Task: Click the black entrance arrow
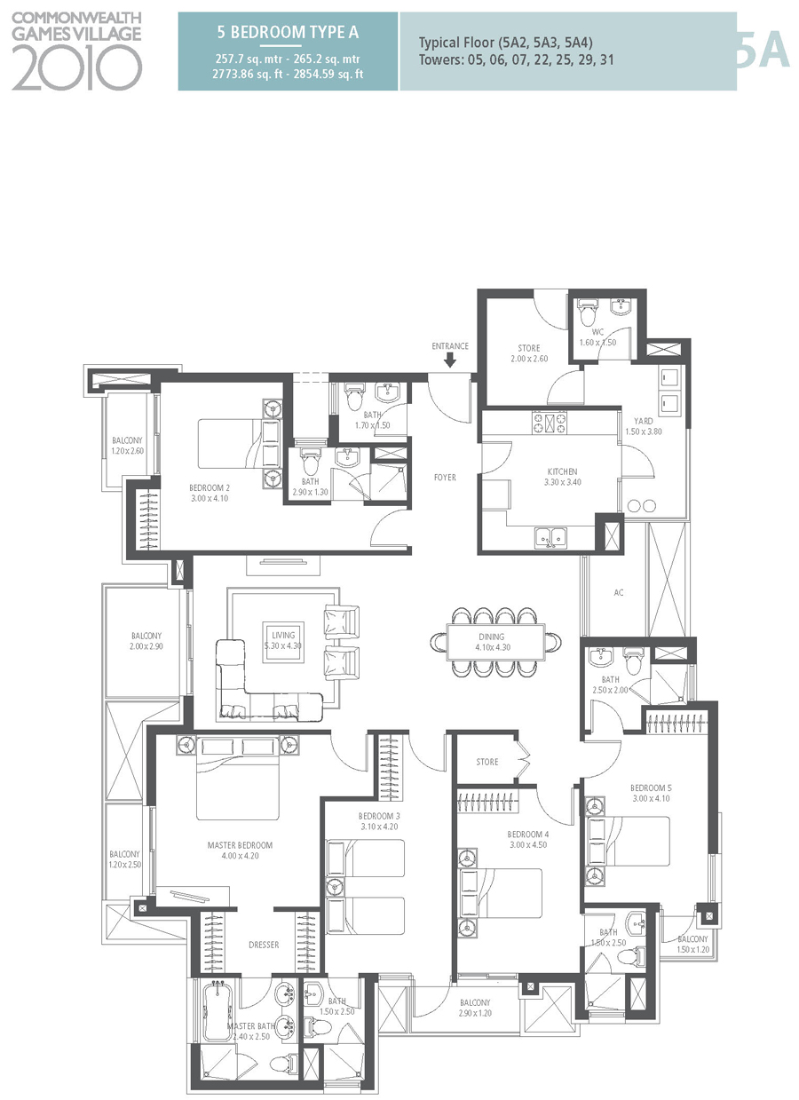coord(450,360)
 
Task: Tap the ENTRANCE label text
coord(450,346)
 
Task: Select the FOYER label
coord(445,478)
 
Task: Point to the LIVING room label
coord(283,635)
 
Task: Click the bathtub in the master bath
coord(217,1011)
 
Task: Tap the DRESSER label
coord(264,945)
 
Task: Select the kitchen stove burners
coord(550,423)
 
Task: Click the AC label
coord(619,592)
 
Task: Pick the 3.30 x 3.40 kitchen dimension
coord(561,482)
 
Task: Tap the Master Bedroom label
coord(239,845)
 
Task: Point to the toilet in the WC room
coord(587,313)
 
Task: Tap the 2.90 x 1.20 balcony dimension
coord(474,1013)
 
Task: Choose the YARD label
coord(644,421)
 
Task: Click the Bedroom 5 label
coord(651,787)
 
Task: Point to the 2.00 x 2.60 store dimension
coord(529,359)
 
